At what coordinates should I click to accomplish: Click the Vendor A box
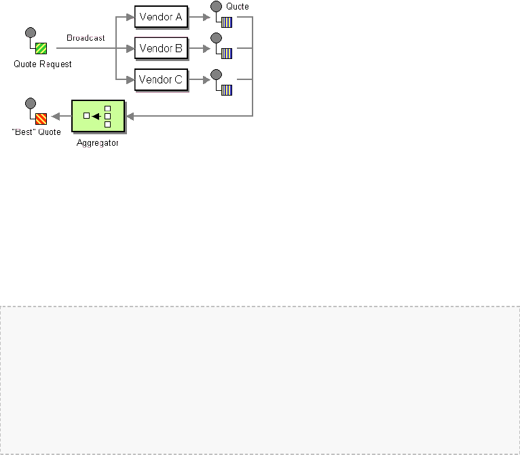161,16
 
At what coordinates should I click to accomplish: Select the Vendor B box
161,48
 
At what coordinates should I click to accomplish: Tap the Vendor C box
161,79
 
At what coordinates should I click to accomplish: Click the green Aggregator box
98,116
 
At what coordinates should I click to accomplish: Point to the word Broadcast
86,38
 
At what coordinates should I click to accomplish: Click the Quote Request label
42,64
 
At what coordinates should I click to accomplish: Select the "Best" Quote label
37,132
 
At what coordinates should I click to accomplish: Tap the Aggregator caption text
98,143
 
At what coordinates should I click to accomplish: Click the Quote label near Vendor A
238,6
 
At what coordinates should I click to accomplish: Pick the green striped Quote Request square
41,48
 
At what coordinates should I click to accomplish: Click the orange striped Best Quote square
41,119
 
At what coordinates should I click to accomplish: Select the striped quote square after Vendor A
227,22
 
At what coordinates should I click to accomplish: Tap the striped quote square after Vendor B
227,54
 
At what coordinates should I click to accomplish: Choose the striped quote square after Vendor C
227,90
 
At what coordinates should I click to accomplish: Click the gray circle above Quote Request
31,33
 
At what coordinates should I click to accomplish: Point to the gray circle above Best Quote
31,103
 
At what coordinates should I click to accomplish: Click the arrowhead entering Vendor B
130,48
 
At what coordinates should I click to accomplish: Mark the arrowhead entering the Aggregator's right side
130,116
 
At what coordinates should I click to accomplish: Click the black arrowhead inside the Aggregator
96,116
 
